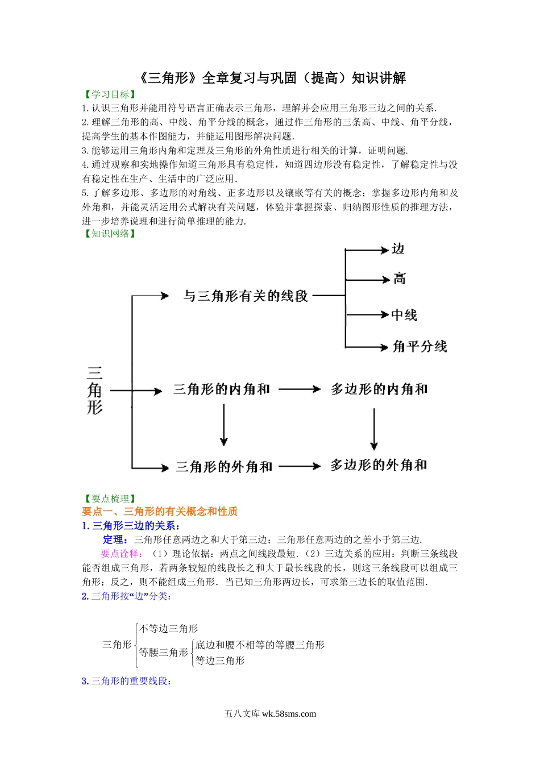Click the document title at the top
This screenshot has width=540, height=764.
pyautogui.click(x=272, y=78)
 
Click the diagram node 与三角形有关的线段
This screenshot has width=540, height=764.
pyautogui.click(x=246, y=296)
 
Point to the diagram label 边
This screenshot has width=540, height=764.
pyautogui.click(x=398, y=249)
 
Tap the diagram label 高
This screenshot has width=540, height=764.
pyautogui.click(x=400, y=279)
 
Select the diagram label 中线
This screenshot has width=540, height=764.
pyautogui.click(x=404, y=315)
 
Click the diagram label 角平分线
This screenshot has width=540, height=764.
pyautogui.click(x=420, y=346)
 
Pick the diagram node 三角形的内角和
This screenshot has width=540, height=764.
pyautogui.click(x=222, y=389)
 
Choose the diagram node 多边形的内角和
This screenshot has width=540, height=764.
pyautogui.click(x=379, y=389)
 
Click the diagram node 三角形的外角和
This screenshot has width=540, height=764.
pyautogui.click(x=224, y=467)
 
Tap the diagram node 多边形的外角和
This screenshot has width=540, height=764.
pyautogui.click(x=379, y=466)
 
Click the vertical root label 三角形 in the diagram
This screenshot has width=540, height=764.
pyautogui.click(x=94, y=390)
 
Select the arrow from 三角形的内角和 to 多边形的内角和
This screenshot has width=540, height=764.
pyautogui.click(x=300, y=389)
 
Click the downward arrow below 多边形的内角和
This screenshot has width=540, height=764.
pyautogui.click(x=374, y=429)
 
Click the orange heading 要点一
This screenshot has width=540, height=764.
pyautogui.click(x=160, y=512)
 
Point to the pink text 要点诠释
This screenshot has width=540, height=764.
pyautogui.click(x=120, y=554)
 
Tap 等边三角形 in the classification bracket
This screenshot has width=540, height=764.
pyautogui.click(x=221, y=661)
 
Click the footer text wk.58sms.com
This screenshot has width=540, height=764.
pyautogui.click(x=289, y=714)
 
